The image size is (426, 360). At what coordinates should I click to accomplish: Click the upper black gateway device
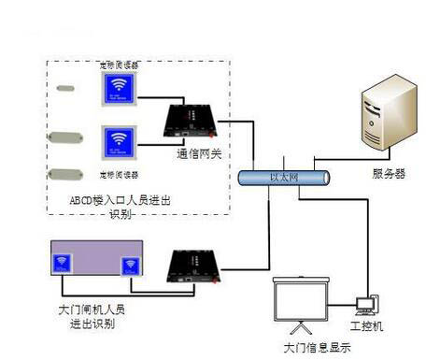[x=192, y=119]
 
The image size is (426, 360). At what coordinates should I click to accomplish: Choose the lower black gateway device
[x=192, y=266]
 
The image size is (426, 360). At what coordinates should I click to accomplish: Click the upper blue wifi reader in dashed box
[x=120, y=91]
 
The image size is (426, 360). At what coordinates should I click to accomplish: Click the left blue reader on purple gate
[x=64, y=263]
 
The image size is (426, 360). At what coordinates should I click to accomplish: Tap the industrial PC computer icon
[x=364, y=305]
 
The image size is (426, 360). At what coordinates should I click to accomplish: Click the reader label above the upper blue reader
[x=119, y=65]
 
